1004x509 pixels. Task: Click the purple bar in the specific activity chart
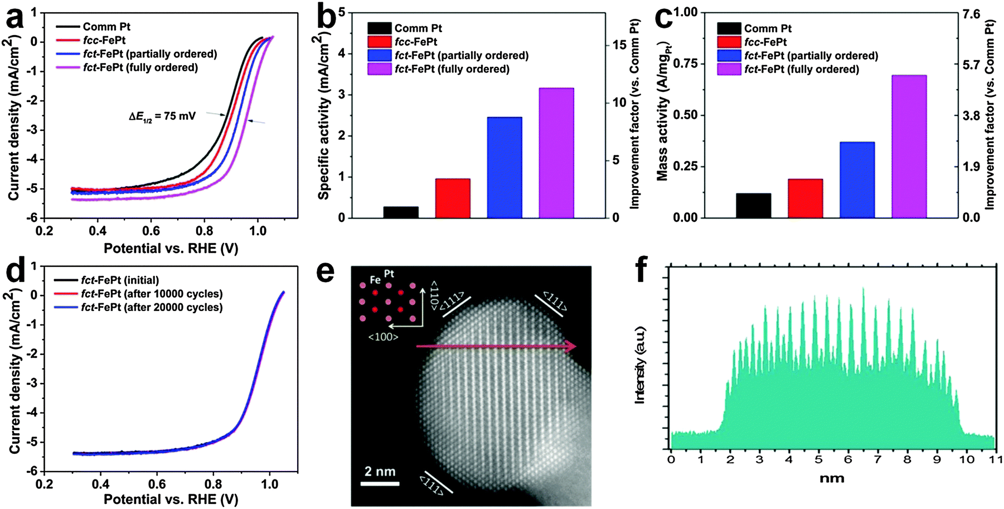pos(556,153)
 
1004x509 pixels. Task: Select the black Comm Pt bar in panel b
pos(401,212)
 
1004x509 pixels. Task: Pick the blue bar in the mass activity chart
pos(857,180)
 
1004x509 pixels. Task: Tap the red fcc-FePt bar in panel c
pos(805,198)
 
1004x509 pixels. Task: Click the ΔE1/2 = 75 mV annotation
pos(159,117)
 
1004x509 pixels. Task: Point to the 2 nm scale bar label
pos(380,472)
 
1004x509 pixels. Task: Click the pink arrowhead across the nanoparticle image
pos(570,347)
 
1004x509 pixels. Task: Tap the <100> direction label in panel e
pos(383,337)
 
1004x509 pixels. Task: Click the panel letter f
pos(642,271)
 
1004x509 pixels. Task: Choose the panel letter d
pos(16,273)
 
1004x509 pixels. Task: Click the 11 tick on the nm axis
pos(992,459)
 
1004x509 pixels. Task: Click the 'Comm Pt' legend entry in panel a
pos(106,27)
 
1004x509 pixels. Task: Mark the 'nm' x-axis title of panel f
pos(832,478)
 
